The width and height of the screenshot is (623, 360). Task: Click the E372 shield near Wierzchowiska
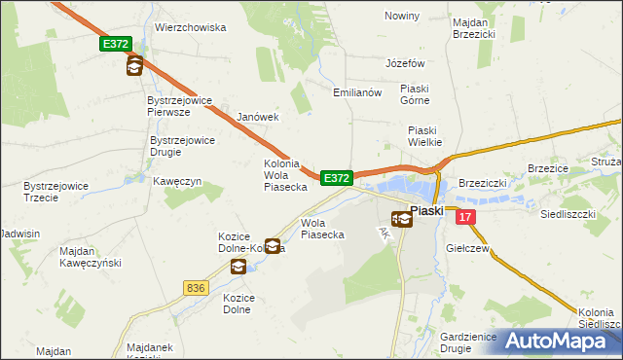(114, 45)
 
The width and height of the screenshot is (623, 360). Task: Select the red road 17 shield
(467, 218)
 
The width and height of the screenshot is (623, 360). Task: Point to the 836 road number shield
(196, 287)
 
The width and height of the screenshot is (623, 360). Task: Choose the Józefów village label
(406, 63)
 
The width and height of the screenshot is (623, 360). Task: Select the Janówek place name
(258, 117)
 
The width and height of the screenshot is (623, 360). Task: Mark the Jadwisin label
(20, 234)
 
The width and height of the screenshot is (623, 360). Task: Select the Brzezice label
(548, 167)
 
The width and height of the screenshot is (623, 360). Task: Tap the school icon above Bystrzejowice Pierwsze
(134, 66)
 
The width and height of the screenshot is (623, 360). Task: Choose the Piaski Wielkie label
(425, 135)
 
